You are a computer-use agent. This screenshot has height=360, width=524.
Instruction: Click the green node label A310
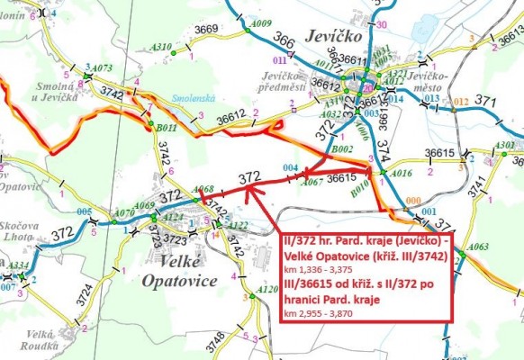pyautogui.click(x=162, y=46)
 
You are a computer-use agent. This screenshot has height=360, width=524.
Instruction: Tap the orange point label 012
pyautogui.click(x=460, y=103)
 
